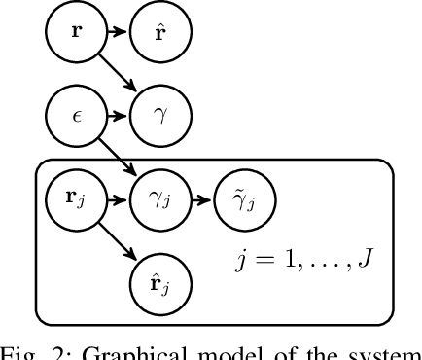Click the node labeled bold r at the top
(x=75, y=31)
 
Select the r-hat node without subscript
(x=159, y=31)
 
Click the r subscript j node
(x=75, y=201)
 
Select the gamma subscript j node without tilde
(x=159, y=201)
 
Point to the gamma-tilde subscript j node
(x=245, y=201)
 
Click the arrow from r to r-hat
(x=117, y=31)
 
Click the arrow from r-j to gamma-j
(x=117, y=201)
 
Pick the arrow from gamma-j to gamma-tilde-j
(x=202, y=201)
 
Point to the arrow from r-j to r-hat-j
(x=117, y=243)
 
